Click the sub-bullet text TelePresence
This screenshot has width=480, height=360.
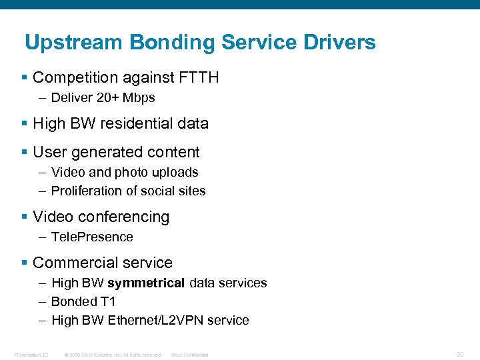click(x=92, y=237)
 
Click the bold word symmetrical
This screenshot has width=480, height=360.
click(x=146, y=283)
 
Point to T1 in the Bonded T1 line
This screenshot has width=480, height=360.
click(x=108, y=302)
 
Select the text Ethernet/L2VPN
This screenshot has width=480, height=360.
click(x=157, y=321)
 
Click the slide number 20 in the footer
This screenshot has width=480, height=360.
click(x=460, y=354)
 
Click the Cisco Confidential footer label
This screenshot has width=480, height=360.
click(x=189, y=355)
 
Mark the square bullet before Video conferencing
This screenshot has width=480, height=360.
click(x=25, y=217)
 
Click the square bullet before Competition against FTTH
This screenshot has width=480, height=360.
click(x=25, y=78)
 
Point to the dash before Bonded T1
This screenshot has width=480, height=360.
click(x=42, y=302)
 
